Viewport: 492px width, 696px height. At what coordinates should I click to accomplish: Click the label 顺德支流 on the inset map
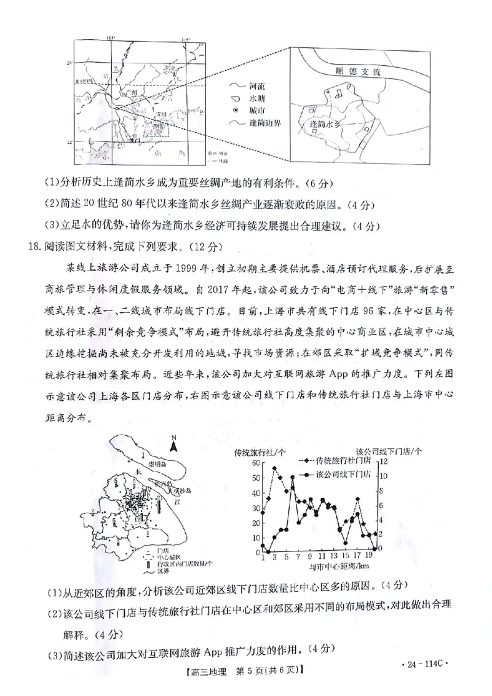(355, 72)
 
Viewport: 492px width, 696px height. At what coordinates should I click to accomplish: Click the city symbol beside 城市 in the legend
(234, 111)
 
